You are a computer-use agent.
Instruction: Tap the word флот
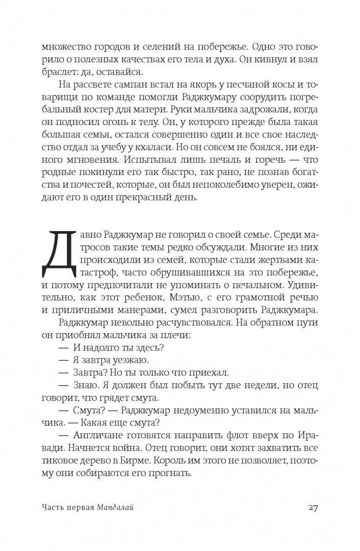point(247,432)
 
